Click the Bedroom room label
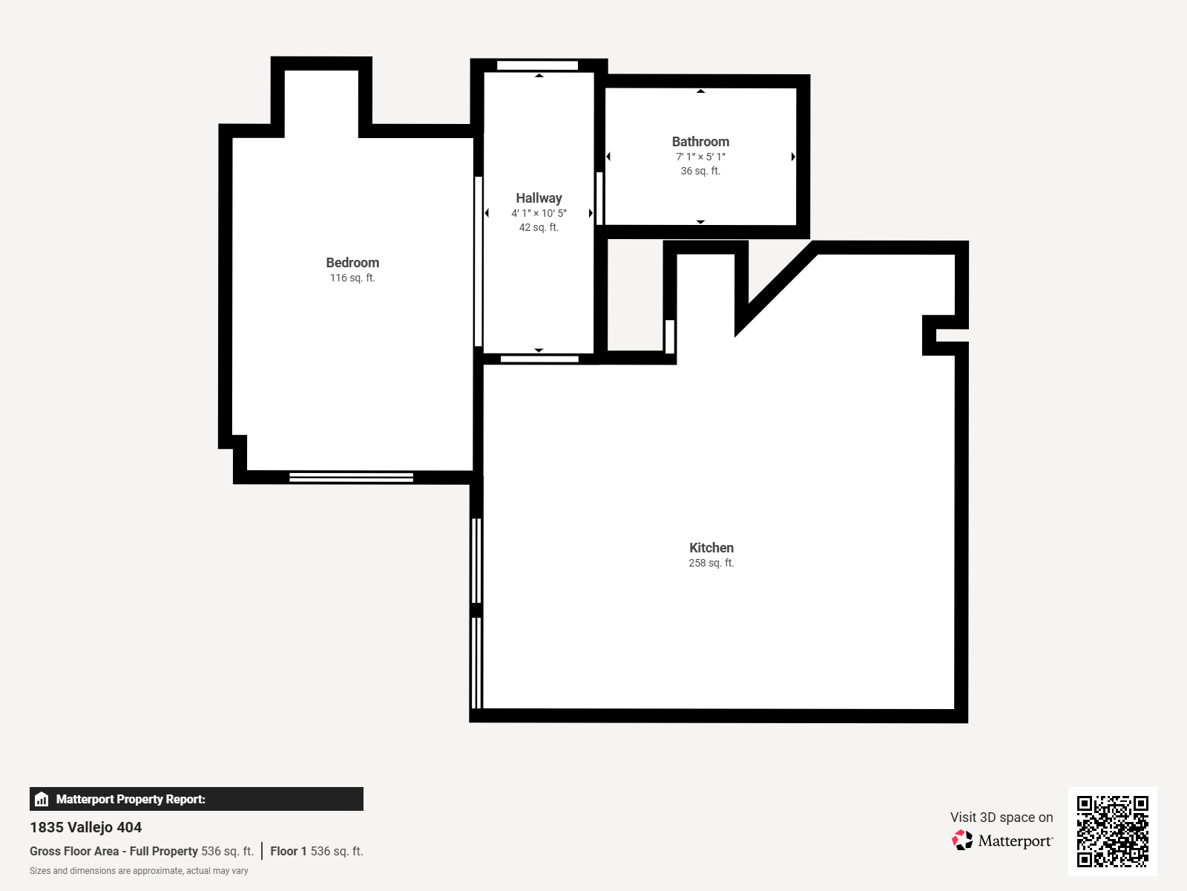pos(352,263)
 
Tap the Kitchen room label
pos(711,548)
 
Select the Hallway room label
pos(539,198)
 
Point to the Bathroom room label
pos(700,142)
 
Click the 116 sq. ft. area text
pos(352,278)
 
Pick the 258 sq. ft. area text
pos(711,563)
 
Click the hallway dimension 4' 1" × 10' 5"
pos(539,213)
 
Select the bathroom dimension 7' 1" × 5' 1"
pos(700,157)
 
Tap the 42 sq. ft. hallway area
pos(539,228)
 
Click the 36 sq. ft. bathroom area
pos(700,171)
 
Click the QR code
pos(1112,831)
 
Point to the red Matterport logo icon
pos(962,841)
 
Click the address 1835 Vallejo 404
pos(85,827)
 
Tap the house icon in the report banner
pos(42,799)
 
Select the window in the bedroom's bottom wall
pos(351,477)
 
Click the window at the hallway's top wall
pos(538,65)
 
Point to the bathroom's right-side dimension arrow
pos(793,157)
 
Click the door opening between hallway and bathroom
pos(599,198)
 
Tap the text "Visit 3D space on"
pos(1002,817)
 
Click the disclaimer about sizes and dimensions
pos(139,871)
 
